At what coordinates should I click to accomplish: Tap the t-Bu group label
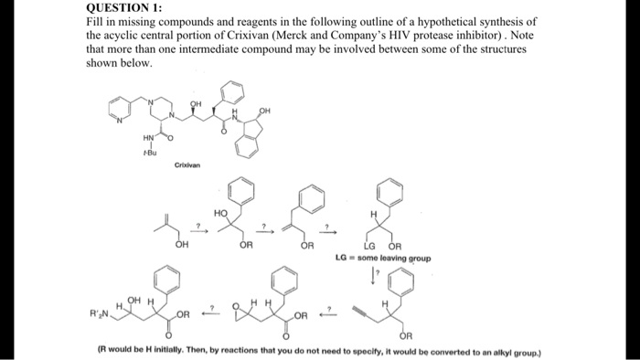tap(149, 152)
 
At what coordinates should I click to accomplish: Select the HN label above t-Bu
tap(149, 138)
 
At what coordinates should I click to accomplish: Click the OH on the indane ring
tap(264, 112)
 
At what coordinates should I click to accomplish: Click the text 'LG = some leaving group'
tap(384, 258)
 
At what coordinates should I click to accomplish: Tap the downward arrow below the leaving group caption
tap(374, 273)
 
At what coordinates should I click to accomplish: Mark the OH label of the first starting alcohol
tap(182, 246)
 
